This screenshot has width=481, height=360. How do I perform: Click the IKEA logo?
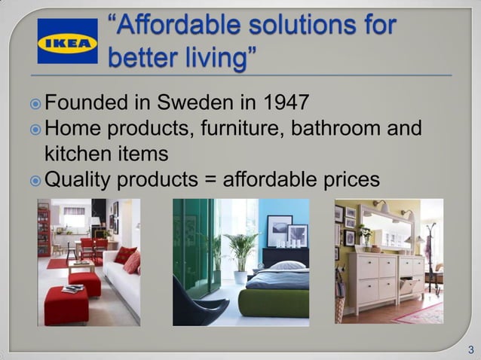67,41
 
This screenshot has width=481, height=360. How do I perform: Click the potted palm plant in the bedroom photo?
240,249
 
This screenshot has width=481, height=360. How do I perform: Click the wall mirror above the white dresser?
387,230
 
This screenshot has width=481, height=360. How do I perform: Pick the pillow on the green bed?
288,265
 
